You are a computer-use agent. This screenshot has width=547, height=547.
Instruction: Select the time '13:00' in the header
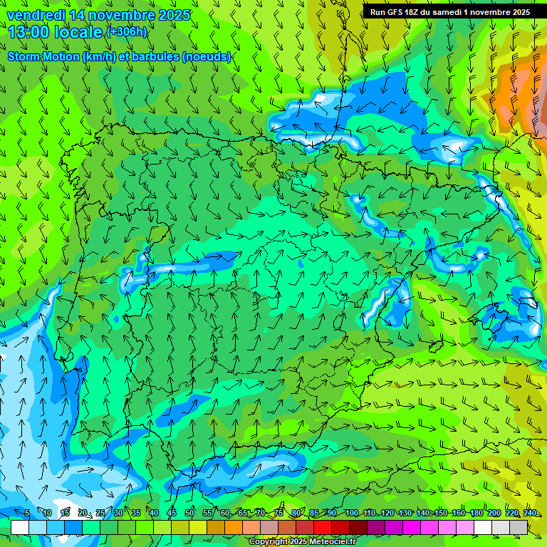point(28,32)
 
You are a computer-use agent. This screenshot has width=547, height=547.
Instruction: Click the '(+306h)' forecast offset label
point(127,32)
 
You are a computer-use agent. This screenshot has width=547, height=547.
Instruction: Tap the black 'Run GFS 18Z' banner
point(450,12)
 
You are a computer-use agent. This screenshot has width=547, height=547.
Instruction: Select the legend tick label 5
point(27,513)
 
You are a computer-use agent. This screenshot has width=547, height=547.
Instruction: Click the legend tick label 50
point(189,513)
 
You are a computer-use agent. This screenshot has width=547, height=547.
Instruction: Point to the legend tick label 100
point(351,513)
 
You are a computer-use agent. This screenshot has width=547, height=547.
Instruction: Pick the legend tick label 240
point(530,513)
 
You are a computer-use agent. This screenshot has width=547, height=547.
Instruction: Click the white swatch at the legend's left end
point(20,527)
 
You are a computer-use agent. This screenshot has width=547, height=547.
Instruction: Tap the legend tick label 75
point(278,513)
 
